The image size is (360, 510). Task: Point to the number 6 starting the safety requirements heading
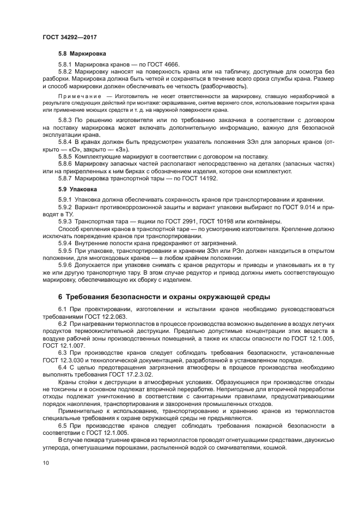60,296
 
